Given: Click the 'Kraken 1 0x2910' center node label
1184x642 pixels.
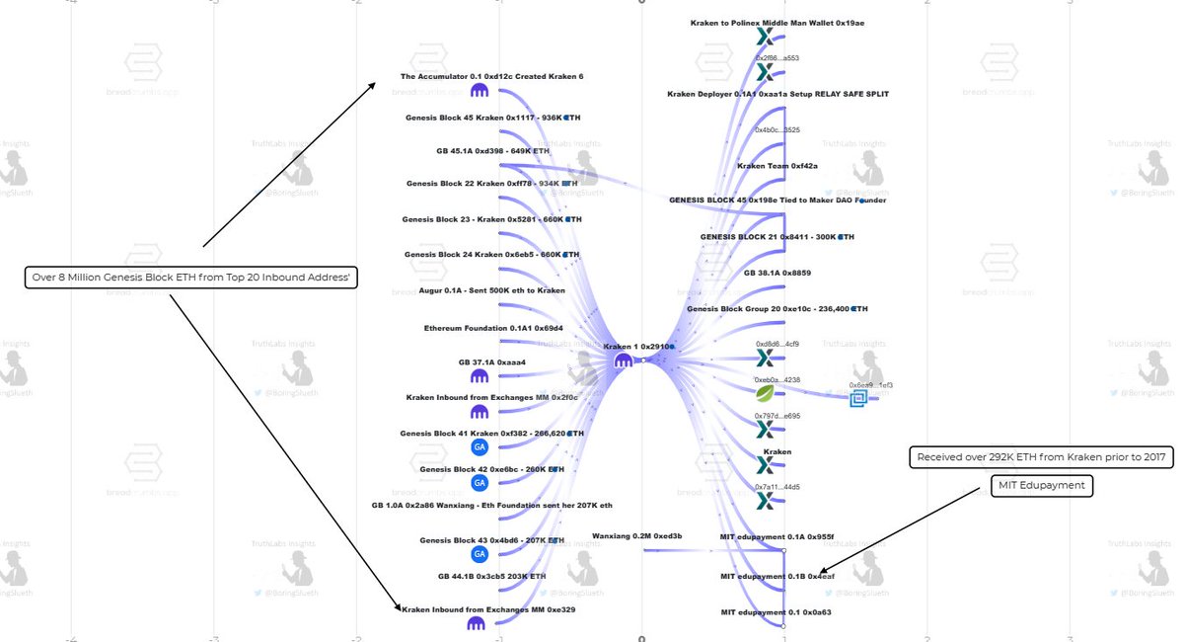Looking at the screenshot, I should [x=638, y=347].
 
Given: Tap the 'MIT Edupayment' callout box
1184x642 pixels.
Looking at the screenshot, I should [x=1042, y=486].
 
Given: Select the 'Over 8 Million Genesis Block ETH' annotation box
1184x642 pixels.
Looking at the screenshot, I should [x=190, y=279].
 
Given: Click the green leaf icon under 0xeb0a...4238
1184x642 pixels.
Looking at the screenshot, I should [x=765, y=393].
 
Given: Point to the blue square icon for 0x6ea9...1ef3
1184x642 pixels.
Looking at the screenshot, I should [x=858, y=398].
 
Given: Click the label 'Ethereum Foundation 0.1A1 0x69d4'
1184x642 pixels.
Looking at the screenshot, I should [x=493, y=328].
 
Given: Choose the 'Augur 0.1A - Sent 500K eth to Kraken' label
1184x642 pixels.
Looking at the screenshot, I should [x=492, y=290].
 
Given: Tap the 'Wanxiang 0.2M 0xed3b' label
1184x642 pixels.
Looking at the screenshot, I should [x=636, y=536].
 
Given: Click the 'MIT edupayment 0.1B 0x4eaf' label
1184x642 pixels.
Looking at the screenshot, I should [x=777, y=576].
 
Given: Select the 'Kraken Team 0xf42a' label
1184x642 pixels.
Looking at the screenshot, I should [x=777, y=166].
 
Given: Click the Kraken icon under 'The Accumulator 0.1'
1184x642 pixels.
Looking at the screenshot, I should [x=481, y=91].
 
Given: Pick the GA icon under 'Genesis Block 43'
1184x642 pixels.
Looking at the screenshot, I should [x=480, y=554].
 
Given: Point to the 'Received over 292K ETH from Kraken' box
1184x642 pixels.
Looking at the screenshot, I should [x=1041, y=457].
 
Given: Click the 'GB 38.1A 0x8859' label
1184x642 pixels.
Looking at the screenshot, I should [x=777, y=273].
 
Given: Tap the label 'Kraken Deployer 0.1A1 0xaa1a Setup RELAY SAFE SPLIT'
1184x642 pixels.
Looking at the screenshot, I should [x=777, y=94].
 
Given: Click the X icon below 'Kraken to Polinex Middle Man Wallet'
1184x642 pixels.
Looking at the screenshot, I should [x=765, y=38].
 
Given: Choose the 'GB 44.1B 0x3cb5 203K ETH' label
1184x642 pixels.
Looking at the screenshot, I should [x=491, y=576].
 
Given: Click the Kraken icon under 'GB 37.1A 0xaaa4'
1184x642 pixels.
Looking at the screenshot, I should [x=481, y=377].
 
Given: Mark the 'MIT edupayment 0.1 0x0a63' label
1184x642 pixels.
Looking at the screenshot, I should [x=777, y=612].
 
